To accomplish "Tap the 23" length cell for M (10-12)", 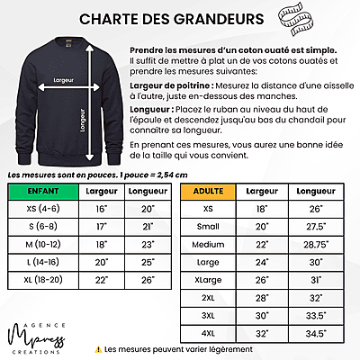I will (147, 244).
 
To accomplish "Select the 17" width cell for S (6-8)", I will (100, 226).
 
